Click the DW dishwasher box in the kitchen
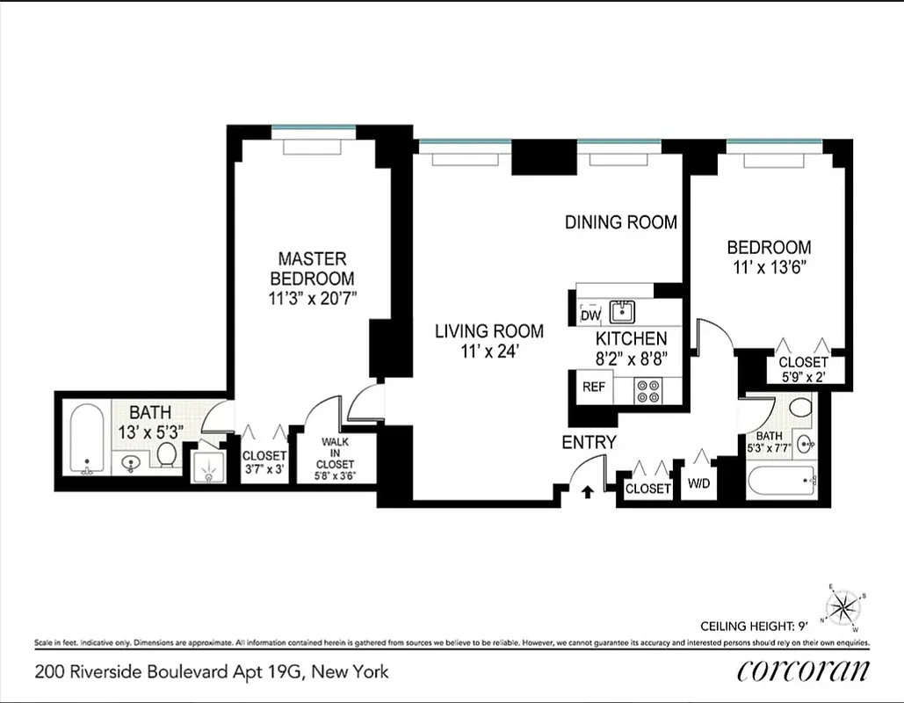click(590, 315)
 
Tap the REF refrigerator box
click(594, 387)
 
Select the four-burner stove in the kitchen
click(649, 390)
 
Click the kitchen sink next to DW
click(624, 310)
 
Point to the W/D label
click(699, 484)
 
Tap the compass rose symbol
click(844, 605)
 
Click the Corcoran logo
click(803, 670)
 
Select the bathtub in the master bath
click(86, 438)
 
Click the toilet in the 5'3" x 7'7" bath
click(800, 408)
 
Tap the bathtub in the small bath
click(781, 482)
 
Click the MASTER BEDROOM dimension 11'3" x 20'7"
click(313, 298)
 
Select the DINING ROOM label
click(620, 222)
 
